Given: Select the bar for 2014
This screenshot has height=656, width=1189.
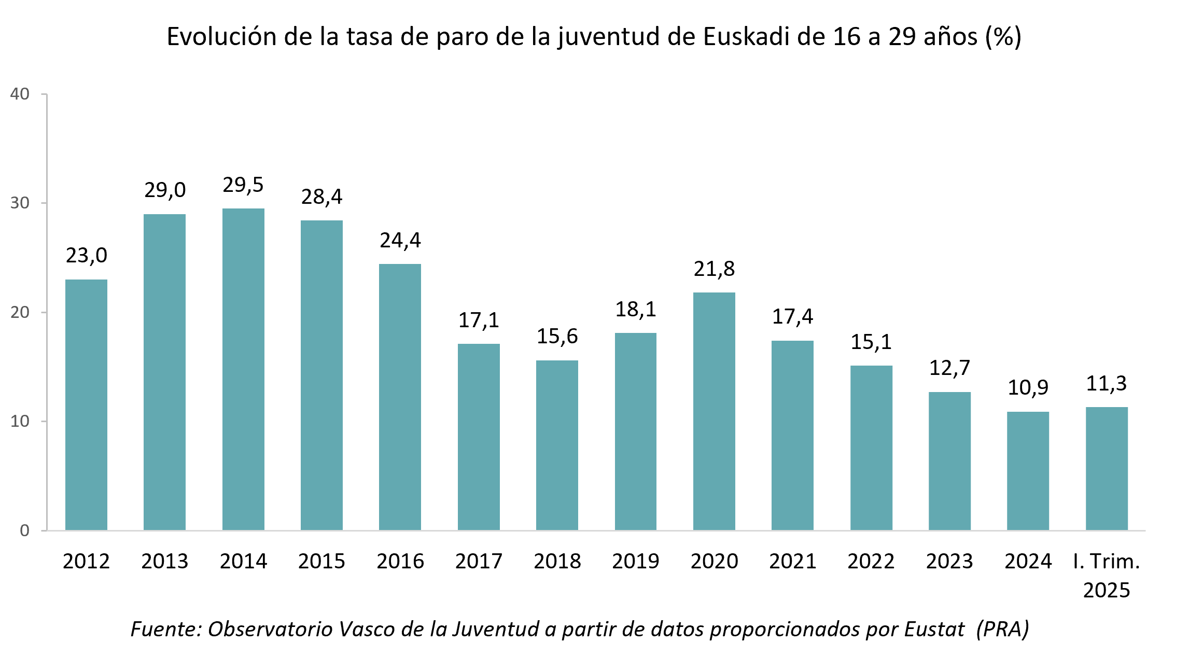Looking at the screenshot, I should pos(243,369).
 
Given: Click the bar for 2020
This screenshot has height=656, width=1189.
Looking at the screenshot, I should pos(714,411).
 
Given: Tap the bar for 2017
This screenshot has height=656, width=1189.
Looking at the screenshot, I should pos(479,437).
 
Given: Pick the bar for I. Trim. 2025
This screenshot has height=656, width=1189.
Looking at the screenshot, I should pos(1107,468).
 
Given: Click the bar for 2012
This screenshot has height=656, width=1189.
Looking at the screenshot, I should pos(86,404).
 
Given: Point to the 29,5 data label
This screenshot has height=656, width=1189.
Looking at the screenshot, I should pos(243,185).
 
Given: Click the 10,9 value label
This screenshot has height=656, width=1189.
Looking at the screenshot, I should pos(1028,388).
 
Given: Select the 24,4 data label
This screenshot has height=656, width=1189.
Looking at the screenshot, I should pos(400,241).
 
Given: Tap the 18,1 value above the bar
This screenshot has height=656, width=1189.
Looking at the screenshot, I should pos(635,310).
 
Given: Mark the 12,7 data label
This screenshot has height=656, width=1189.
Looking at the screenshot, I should pos(949,368).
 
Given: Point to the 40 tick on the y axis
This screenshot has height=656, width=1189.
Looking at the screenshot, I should pos(20,94).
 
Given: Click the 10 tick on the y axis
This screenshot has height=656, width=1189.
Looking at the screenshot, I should pos(20,421).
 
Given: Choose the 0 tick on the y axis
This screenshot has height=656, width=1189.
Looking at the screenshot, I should pos(24,531).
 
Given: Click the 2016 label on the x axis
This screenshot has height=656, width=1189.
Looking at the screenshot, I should pos(400,561).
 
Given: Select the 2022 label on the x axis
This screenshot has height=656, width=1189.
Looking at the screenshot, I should pos(871,561).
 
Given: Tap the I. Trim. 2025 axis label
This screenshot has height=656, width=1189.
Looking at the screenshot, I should pos(1107,576).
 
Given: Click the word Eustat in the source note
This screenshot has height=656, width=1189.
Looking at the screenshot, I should pos(934,629).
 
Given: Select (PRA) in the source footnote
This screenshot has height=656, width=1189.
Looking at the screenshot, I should pos(1002,629).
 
